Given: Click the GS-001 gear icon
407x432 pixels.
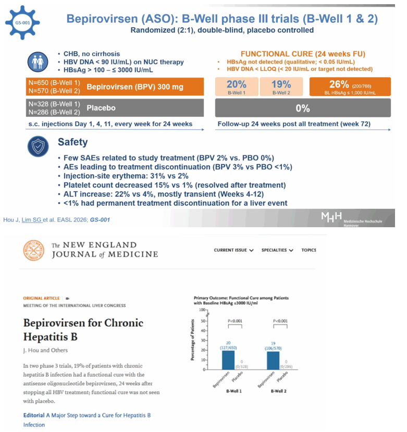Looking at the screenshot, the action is tap(22, 22).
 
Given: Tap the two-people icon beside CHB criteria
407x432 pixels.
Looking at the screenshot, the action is tap(38, 62).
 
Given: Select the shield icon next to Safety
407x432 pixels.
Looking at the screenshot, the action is tap(38, 146).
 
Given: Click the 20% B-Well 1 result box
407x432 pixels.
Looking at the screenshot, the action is tap(237, 87).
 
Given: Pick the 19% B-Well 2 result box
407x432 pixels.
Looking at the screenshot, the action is tap(281, 87).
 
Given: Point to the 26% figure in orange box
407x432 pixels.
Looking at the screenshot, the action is tap(339, 84).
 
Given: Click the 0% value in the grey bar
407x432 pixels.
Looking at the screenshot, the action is tap(303, 108).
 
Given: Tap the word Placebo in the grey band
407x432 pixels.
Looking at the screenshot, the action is tap(101, 108).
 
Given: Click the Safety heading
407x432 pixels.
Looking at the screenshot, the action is tap(73, 142).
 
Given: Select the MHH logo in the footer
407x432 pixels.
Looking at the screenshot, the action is tap(331, 217).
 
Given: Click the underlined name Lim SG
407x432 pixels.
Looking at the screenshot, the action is tap(31, 220).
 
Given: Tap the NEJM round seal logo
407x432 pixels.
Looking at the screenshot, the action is tap(34, 250).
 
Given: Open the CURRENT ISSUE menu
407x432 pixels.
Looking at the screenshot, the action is tap(233, 250).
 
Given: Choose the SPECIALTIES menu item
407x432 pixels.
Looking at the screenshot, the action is tap(277, 250).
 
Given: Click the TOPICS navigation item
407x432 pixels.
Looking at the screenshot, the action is tap(309, 250).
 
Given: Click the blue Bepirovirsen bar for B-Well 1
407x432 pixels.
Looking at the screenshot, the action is tap(228, 360).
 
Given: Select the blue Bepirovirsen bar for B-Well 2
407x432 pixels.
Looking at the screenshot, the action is tap(273, 361).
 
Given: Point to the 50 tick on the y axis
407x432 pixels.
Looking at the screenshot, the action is tap(203, 321).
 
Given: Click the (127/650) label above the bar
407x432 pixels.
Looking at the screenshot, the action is tap(228, 348).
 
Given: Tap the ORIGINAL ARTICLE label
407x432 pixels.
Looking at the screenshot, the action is tap(41, 299).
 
